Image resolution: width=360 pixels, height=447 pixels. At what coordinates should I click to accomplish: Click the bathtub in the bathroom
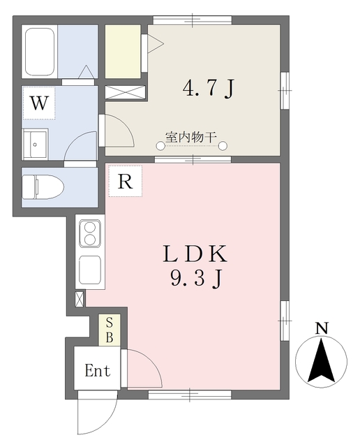[40, 52]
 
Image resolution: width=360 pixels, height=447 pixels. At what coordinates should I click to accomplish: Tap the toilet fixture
[43, 187]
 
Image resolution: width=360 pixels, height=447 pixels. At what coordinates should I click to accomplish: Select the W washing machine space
[39, 103]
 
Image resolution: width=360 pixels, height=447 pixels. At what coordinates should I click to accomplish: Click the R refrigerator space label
[126, 181]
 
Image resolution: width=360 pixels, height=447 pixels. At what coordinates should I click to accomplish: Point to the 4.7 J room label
[209, 88]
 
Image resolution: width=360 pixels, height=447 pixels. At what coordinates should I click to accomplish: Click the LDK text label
[195, 254]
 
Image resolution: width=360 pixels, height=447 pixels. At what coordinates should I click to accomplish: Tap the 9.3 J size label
[196, 278]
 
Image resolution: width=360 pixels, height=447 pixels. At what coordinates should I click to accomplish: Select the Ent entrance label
[98, 371]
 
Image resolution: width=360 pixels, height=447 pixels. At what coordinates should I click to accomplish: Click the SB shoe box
[110, 330]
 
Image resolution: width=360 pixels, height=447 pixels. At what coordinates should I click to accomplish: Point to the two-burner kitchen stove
[90, 233]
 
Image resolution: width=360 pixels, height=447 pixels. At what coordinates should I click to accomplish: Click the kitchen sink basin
[90, 270]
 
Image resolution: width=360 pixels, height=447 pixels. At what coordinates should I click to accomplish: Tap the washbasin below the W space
[36, 143]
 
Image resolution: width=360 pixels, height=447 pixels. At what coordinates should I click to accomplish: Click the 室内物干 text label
[191, 138]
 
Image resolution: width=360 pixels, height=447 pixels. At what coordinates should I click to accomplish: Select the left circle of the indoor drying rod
[160, 146]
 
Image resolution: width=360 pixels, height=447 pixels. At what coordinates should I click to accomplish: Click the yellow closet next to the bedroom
[123, 52]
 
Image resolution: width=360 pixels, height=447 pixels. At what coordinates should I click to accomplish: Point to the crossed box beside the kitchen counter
[80, 299]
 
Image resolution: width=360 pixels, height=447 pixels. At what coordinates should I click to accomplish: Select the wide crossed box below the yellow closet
[126, 92]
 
